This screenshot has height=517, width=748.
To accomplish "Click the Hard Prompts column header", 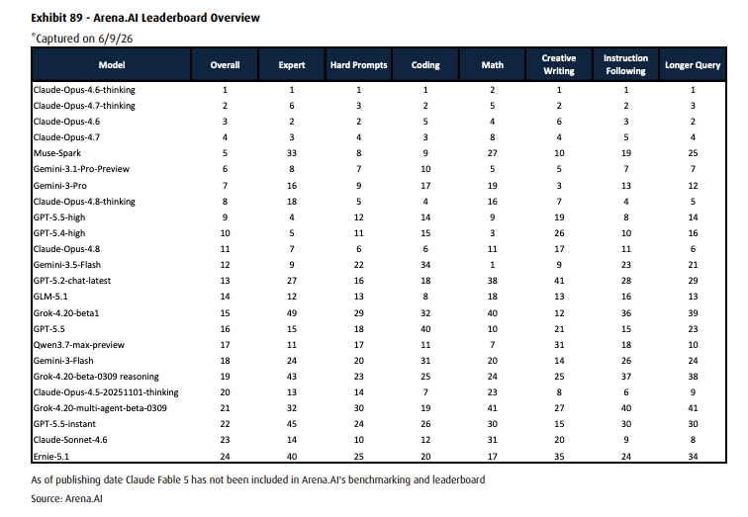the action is click(359, 65).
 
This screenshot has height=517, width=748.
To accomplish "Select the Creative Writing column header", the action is click(559, 64).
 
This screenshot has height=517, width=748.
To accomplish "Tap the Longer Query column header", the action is click(693, 65).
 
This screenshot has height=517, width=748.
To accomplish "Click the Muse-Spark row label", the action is click(57, 153).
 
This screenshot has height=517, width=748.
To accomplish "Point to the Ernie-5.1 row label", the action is click(51, 456).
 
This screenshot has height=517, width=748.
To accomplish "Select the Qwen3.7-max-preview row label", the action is click(79, 345).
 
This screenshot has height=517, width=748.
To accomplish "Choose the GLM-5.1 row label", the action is click(50, 297).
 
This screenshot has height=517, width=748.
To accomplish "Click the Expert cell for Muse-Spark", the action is click(292, 153).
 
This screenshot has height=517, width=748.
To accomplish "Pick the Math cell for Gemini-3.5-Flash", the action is click(493, 265).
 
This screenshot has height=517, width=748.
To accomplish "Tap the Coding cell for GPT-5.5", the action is click(425, 329).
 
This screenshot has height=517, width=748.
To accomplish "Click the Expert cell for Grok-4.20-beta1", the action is click(292, 313).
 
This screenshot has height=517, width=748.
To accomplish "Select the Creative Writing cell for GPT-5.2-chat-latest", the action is click(559, 281).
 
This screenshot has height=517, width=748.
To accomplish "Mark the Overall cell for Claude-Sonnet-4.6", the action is click(226, 440).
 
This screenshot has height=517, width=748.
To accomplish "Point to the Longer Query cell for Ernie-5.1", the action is click(693, 456).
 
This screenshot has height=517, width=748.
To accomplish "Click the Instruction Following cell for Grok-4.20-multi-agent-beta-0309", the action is click(626, 408).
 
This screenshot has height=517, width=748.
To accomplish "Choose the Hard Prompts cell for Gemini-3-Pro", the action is click(359, 186).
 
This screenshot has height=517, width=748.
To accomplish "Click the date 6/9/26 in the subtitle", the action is click(116, 39).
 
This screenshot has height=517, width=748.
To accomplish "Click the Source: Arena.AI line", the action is click(67, 498).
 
